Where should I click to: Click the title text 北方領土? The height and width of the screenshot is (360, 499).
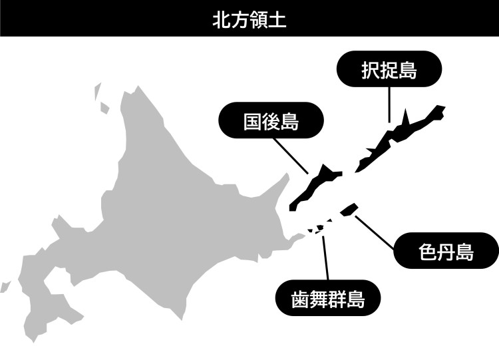click(x=249, y=18)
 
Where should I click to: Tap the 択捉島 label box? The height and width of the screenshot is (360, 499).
click(x=389, y=70)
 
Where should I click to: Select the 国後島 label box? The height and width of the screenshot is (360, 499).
click(x=270, y=121)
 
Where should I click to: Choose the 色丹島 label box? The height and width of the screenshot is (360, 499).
click(x=446, y=251)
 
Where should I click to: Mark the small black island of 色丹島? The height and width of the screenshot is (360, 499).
click(x=347, y=210)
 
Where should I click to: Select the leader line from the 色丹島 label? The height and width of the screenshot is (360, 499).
click(x=376, y=232)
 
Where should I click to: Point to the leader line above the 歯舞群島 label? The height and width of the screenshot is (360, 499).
click(x=325, y=256)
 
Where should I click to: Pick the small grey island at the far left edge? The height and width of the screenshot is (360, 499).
click(x=6, y=286)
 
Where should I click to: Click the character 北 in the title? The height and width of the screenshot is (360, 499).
click(x=220, y=18)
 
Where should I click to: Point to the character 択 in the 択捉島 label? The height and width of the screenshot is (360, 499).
click(x=370, y=70)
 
